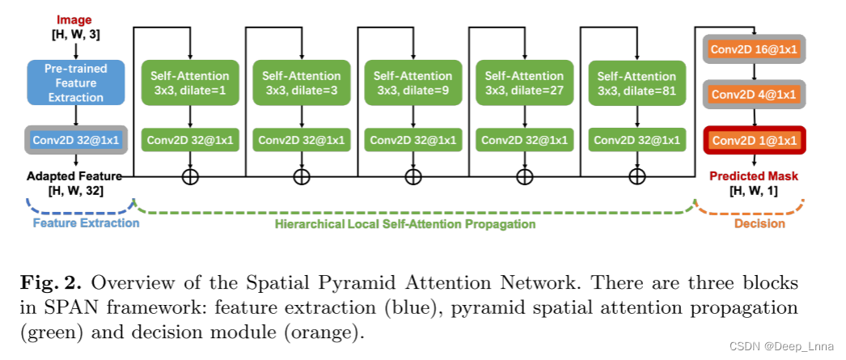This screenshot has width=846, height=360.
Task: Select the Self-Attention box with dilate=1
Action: point(190,82)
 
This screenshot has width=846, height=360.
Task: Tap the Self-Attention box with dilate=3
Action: point(302,82)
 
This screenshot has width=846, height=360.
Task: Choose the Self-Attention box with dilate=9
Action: point(413,82)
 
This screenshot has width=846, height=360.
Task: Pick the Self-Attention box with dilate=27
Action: point(525,82)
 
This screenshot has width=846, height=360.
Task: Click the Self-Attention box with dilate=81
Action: point(637,82)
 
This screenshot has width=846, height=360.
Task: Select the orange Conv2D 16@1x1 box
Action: point(753,49)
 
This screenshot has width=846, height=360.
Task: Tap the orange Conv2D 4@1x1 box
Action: point(753,95)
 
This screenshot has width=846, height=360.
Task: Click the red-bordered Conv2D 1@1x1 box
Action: point(753,142)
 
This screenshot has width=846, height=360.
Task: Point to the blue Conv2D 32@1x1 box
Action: point(75,140)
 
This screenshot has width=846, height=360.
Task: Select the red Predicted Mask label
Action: point(753,176)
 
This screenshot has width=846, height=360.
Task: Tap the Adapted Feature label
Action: point(74,176)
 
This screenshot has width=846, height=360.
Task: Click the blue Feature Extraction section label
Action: point(86,222)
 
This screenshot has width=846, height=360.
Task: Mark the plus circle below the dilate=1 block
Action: point(190,176)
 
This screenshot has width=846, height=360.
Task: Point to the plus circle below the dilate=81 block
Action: point(637,176)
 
